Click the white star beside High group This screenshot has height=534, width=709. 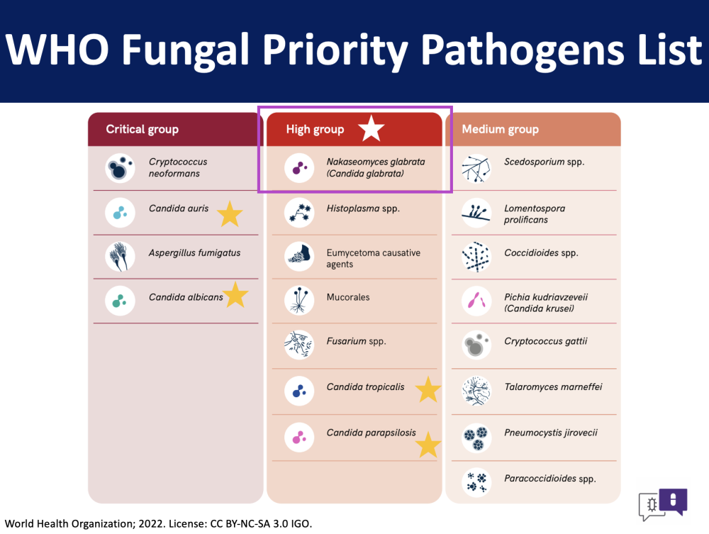click(372, 128)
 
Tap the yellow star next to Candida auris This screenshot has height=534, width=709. click(230, 214)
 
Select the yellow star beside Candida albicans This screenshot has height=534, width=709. click(235, 295)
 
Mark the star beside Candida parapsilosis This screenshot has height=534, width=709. click(428, 444)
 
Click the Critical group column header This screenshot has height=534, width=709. click(175, 129)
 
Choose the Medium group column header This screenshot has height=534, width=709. click(533, 129)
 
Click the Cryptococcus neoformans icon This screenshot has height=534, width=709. click(120, 168)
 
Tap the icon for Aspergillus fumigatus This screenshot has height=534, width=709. click(120, 257)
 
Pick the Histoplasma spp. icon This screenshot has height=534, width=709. click(299, 213)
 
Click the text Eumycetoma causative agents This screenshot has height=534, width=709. click(374, 258)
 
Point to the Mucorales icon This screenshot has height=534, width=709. click(299, 300)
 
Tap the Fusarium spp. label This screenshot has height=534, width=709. click(357, 341)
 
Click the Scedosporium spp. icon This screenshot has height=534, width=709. click(476, 168)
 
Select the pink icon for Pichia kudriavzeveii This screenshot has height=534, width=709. click(476, 300)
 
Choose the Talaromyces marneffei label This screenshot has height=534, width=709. click(553, 387)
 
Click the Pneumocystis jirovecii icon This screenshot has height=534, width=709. click(476, 438)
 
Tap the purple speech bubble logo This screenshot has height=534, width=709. click(674, 501)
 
